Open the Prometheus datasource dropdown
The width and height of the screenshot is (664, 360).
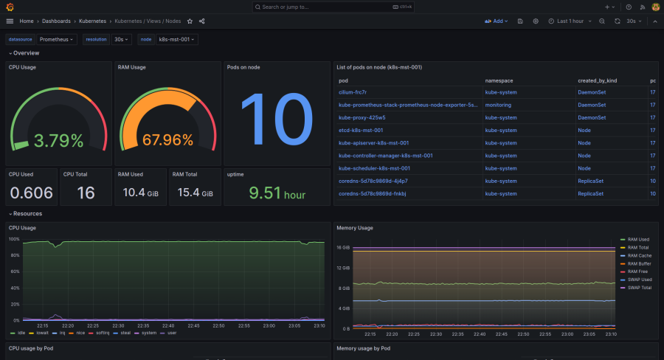[58, 39]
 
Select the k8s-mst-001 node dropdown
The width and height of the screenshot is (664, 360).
[177, 39]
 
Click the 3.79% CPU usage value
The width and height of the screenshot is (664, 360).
[57, 140]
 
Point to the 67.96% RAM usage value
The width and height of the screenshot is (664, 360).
[167, 140]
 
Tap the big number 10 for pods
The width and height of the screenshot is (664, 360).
[276, 120]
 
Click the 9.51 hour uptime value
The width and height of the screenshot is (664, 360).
[277, 194]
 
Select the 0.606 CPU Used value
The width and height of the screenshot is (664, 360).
[30, 193]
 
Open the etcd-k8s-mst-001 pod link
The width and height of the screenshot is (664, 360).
[361, 131]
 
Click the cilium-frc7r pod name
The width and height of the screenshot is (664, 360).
[353, 92]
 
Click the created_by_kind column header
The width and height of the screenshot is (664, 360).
[598, 80]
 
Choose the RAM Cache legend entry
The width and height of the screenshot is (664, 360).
[639, 255]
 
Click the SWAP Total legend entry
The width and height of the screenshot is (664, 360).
[640, 288]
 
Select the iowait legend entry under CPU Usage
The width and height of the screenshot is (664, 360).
[40, 333]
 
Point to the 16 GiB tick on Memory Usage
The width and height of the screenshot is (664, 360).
[344, 248]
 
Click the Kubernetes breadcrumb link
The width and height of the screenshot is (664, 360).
[92, 21]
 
